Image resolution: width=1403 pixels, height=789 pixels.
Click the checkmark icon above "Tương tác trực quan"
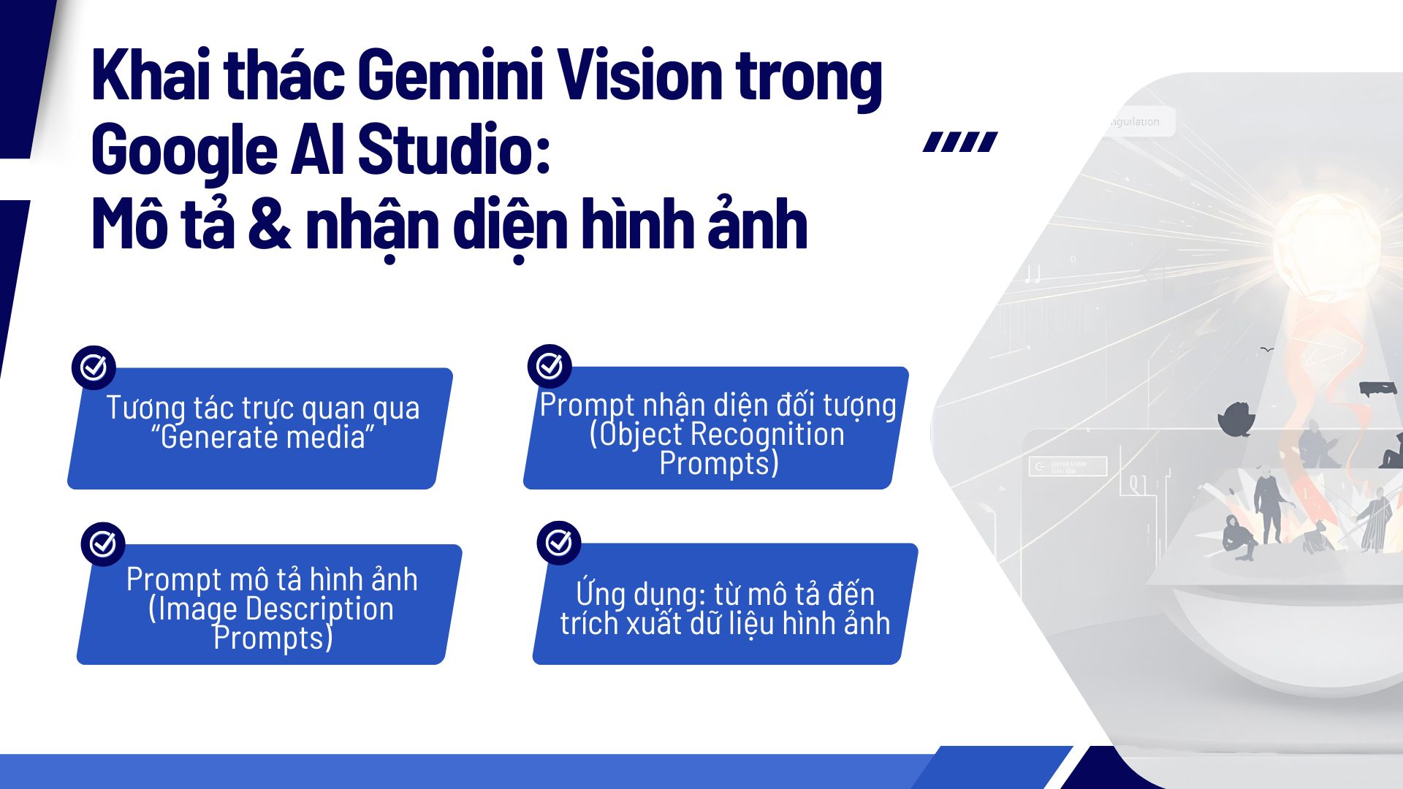click(94, 367)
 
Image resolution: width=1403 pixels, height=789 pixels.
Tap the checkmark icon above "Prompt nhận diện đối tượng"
click(550, 366)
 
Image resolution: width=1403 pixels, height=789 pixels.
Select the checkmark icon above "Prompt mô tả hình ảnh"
click(103, 544)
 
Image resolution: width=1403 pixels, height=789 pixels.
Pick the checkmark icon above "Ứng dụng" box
click(559, 542)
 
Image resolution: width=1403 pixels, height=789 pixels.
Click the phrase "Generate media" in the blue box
click(262, 437)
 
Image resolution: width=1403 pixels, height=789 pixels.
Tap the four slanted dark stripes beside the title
click(960, 142)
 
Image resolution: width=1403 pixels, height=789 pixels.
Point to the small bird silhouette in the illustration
click(1267, 350)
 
